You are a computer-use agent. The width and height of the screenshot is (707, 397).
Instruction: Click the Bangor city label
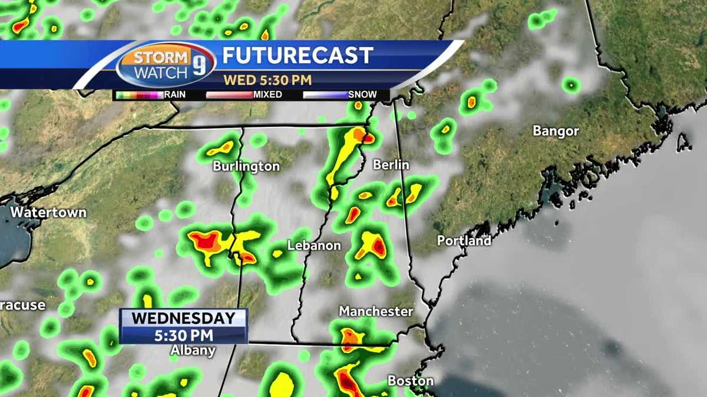click(556, 131)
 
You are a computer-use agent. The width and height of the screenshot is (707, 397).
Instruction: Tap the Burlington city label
click(246, 166)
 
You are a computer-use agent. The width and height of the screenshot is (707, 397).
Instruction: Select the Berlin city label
click(391, 165)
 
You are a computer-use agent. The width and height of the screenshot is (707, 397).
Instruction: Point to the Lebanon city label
click(314, 245)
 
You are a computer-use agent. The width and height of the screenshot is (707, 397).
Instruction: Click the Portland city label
click(464, 241)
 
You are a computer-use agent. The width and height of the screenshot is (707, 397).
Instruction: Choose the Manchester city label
click(376, 311)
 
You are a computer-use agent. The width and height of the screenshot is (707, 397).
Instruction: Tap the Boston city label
click(411, 381)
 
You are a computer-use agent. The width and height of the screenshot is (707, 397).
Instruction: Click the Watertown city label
click(48, 212)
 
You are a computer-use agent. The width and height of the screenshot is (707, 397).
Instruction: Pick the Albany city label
click(193, 351)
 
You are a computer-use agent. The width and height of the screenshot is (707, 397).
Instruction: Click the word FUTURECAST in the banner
click(298, 56)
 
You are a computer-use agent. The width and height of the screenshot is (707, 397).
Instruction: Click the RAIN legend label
click(175, 94)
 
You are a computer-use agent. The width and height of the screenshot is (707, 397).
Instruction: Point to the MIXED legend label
click(267, 94)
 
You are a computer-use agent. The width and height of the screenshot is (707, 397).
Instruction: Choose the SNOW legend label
click(362, 94)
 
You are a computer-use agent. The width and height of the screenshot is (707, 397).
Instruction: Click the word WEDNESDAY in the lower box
click(183, 319)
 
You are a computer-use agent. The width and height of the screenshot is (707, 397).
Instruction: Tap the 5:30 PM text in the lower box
click(183, 335)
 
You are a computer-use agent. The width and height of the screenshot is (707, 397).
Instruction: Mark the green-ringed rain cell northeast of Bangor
click(570, 86)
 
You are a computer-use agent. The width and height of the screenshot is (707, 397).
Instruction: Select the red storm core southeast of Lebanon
click(378, 247)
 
